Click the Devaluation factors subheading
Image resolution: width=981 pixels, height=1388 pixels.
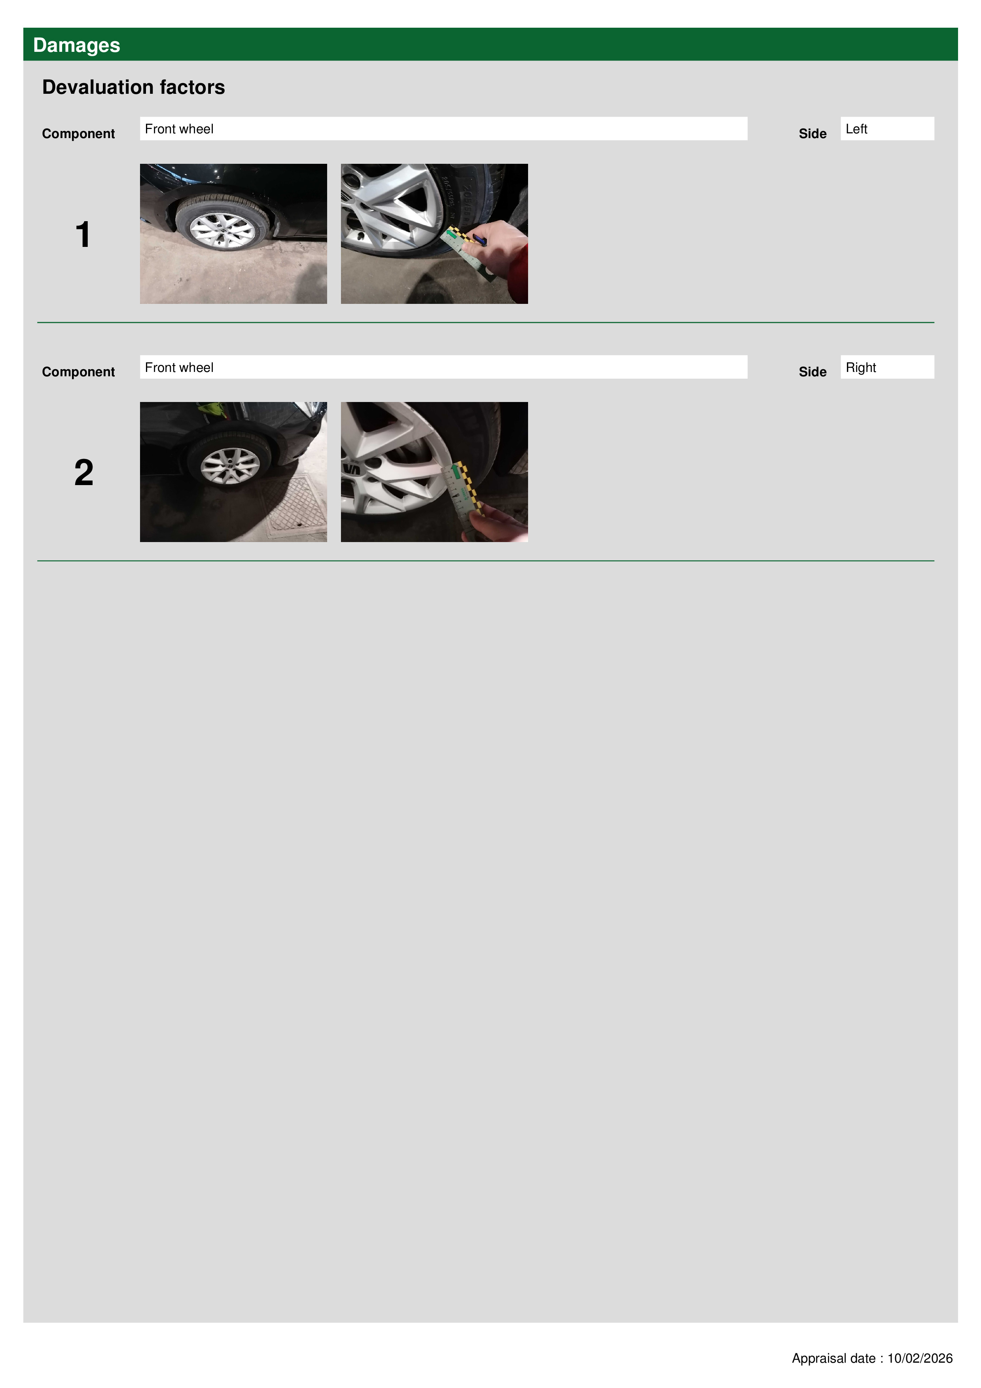134,87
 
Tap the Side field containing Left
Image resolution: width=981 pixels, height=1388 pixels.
887,129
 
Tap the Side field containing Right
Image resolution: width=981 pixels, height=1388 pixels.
887,367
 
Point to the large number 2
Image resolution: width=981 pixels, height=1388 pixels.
84,473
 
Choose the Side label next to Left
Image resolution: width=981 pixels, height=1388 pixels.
812,134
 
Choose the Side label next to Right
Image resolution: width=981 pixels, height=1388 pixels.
812,372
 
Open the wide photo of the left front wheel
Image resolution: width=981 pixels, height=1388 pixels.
233,233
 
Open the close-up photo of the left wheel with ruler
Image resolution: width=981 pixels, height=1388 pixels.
434,233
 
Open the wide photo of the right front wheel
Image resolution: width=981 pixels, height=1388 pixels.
233,472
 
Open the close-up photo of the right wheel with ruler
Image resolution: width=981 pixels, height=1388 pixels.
434,472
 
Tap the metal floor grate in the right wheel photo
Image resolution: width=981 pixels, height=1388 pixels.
290,506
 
